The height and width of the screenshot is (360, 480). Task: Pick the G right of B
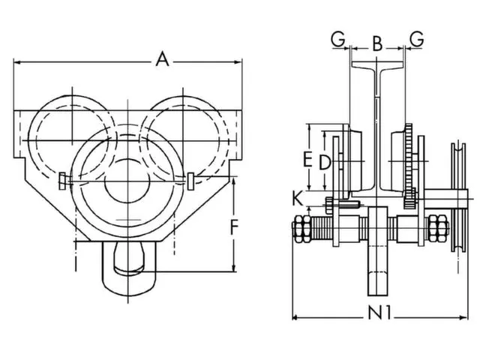(417, 38)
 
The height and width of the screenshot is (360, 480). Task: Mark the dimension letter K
(298, 199)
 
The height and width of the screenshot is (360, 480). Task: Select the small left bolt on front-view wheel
(61, 181)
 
